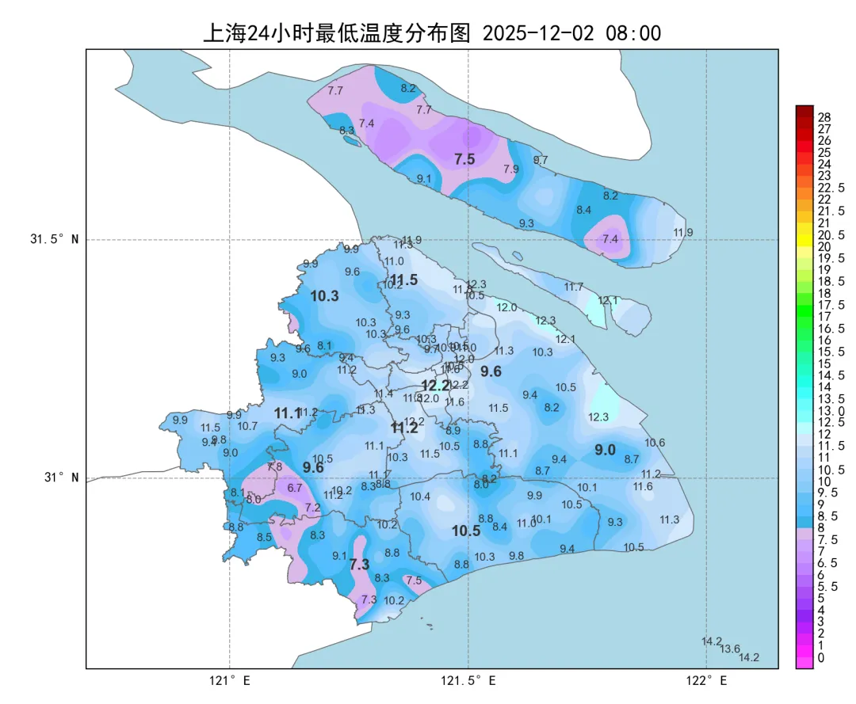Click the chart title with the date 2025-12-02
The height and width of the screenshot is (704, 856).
coord(432,33)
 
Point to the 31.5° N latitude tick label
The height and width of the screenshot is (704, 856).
coord(55,239)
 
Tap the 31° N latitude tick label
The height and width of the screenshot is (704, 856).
coord(60,478)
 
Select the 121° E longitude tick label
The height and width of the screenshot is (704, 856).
coord(230,680)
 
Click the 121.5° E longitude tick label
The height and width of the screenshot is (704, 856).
coord(468,680)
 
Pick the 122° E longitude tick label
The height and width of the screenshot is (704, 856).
coord(707,680)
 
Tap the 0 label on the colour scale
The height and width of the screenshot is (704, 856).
coord(820,657)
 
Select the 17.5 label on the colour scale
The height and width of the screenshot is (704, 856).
coord(831,305)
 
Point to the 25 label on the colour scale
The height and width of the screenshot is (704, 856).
coord(824,152)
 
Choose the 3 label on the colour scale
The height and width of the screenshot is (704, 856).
coord(820,622)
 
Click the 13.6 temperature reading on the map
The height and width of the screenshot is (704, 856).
coord(730,649)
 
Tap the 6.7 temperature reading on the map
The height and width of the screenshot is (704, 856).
coord(295,488)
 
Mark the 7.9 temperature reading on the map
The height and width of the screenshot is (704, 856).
coord(511,169)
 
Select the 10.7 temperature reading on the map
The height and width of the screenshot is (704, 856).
coord(247,426)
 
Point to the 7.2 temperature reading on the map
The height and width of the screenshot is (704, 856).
coord(312,508)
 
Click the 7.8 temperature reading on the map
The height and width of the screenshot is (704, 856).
coord(274,467)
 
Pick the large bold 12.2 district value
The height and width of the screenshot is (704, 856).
coord(435,385)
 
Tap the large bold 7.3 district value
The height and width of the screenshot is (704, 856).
coord(359,565)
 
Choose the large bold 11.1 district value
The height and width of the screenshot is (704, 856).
coord(288,413)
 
